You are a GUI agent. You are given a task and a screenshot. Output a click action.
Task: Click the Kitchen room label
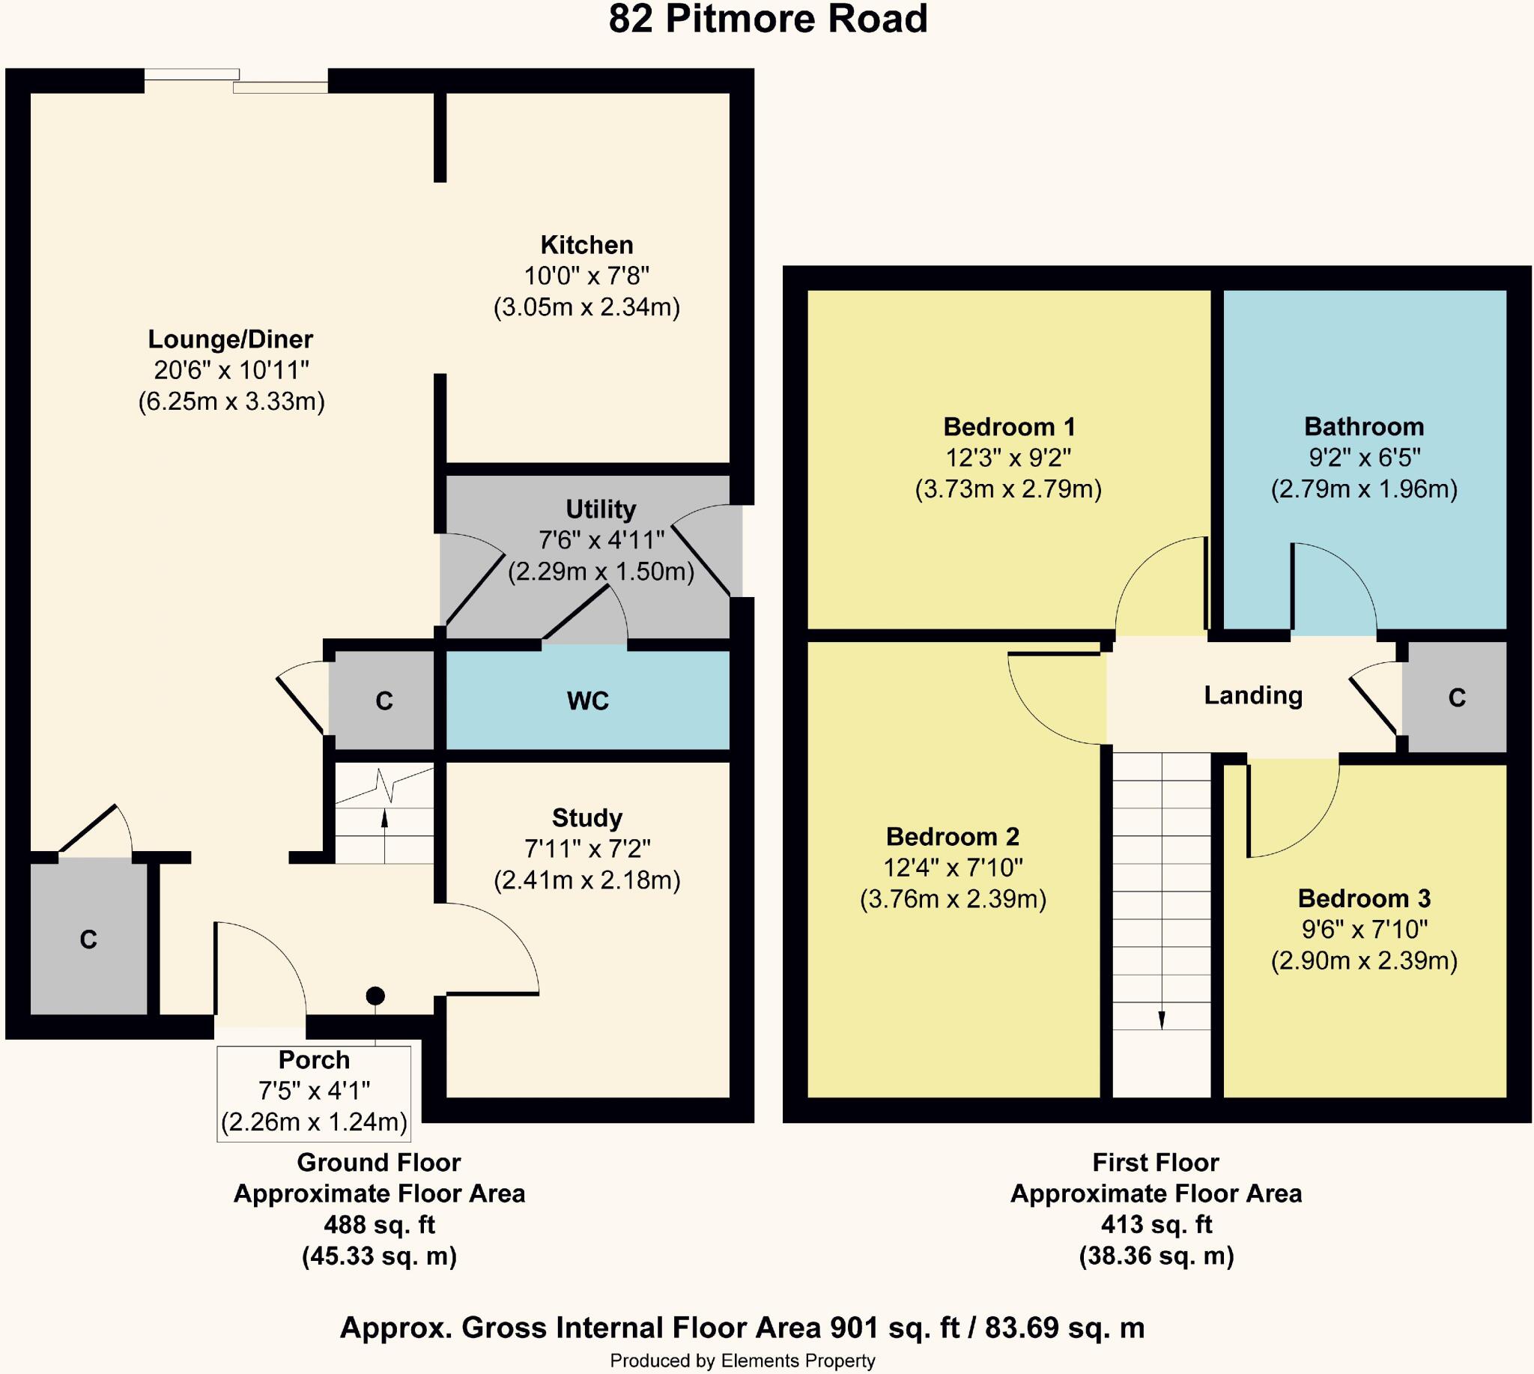(586, 246)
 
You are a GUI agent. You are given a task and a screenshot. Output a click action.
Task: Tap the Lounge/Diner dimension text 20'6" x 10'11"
(231, 370)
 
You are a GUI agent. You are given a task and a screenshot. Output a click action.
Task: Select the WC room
(587, 701)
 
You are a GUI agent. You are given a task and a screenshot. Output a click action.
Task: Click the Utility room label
(601, 509)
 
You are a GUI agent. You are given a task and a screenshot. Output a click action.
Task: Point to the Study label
(587, 818)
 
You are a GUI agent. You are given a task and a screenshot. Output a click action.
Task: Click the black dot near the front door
(375, 996)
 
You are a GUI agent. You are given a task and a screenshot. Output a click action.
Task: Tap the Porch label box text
(314, 1060)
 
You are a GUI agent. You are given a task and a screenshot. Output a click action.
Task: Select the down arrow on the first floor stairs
(1161, 1019)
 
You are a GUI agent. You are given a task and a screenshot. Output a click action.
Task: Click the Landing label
(1253, 695)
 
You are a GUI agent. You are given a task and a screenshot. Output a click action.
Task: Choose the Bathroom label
(1364, 427)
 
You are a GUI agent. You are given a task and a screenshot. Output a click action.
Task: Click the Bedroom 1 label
(1010, 427)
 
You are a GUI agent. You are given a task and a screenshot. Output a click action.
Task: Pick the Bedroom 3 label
(1364, 899)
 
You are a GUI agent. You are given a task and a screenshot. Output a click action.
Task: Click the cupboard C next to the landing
(1457, 698)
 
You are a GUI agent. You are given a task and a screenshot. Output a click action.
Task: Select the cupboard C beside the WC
(384, 701)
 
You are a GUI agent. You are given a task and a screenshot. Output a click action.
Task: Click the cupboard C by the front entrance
(88, 940)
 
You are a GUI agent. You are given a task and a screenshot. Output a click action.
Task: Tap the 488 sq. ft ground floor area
(380, 1224)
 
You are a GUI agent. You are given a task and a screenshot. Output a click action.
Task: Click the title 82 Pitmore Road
(768, 20)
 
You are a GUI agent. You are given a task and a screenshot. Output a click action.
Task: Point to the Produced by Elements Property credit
(743, 1361)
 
